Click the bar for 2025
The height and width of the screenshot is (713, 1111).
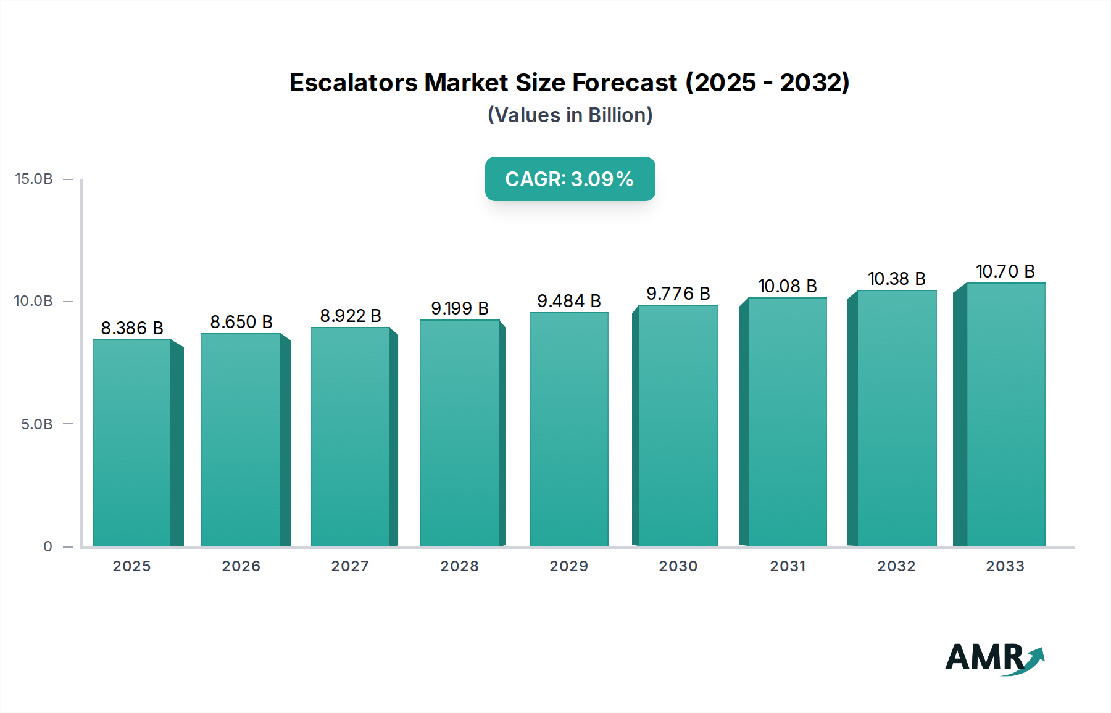coord(132,443)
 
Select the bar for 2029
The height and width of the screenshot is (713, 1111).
coord(568,429)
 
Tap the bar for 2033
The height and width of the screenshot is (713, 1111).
coord(1005,414)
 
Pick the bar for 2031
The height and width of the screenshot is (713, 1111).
coord(787,422)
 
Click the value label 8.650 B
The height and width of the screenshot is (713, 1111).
coord(241,322)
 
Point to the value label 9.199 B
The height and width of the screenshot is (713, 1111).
coord(460,308)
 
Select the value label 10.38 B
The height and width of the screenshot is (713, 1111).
coord(896,279)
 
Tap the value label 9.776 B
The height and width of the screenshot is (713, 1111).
coord(678,294)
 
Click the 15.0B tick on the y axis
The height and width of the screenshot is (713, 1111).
coord(34,179)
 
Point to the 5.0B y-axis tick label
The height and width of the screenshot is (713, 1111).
coord(37,424)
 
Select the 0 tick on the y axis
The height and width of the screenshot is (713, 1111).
coord(48,546)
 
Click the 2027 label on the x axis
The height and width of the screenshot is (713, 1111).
coord(350,566)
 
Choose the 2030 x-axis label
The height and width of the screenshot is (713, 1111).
coord(678,566)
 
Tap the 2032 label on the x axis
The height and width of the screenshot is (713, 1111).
coord(896,566)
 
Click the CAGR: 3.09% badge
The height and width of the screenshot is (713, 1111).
coord(570,179)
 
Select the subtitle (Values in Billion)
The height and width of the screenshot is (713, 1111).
coord(570,115)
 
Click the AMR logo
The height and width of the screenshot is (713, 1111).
coord(994,659)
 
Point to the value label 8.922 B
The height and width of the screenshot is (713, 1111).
coord(351,316)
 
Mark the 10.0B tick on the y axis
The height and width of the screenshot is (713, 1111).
coord(34,301)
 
